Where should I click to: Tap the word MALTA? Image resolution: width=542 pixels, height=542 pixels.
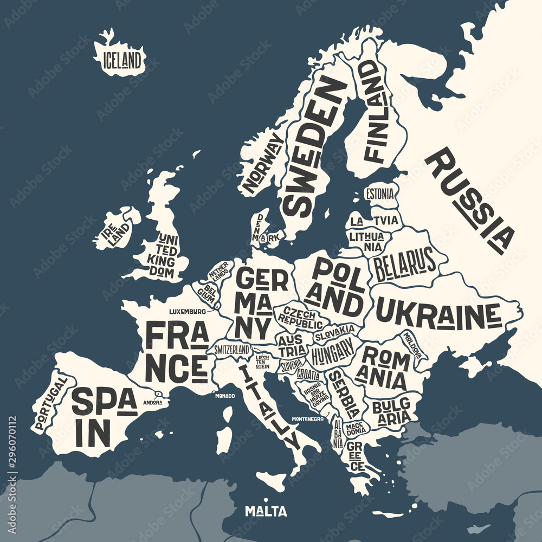click(266, 511)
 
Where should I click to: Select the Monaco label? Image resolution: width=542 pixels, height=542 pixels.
click(225, 396)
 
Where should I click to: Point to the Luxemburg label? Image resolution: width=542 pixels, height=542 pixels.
click(188, 312)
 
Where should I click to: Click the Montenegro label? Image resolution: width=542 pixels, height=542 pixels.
click(307, 419)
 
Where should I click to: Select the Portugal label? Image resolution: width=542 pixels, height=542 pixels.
click(50, 404)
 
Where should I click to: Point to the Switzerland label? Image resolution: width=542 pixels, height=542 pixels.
click(232, 349)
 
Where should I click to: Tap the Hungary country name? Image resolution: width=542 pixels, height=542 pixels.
click(332, 353)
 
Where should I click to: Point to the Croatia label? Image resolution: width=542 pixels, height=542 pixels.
click(307, 375)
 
